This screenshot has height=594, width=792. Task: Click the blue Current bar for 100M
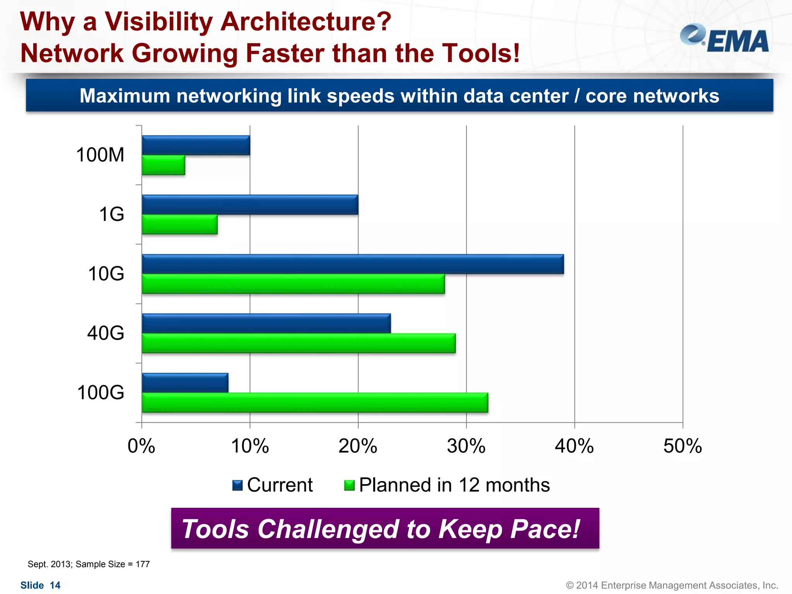[x=196, y=145]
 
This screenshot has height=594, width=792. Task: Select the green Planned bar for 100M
[x=163, y=165]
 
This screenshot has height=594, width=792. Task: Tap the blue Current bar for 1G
[x=250, y=205]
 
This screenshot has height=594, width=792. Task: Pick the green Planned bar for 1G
[x=179, y=225]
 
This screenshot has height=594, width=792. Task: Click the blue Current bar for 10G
[x=353, y=264]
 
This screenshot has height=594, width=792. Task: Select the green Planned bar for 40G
[x=299, y=343]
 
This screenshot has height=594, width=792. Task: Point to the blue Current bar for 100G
[x=185, y=383]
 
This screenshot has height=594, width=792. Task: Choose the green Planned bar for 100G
[x=315, y=403]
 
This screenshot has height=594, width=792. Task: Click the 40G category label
[x=106, y=333]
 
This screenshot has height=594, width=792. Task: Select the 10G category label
[x=106, y=273]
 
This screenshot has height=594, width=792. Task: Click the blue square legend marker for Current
[x=237, y=485]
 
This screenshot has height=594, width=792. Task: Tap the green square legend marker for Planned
[x=349, y=485]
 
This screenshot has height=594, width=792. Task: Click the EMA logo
[x=724, y=39]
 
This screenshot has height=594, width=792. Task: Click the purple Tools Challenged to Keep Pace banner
[x=385, y=528]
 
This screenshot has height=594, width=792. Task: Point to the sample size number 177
[x=143, y=564]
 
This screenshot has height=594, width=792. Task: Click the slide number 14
[x=55, y=585]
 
